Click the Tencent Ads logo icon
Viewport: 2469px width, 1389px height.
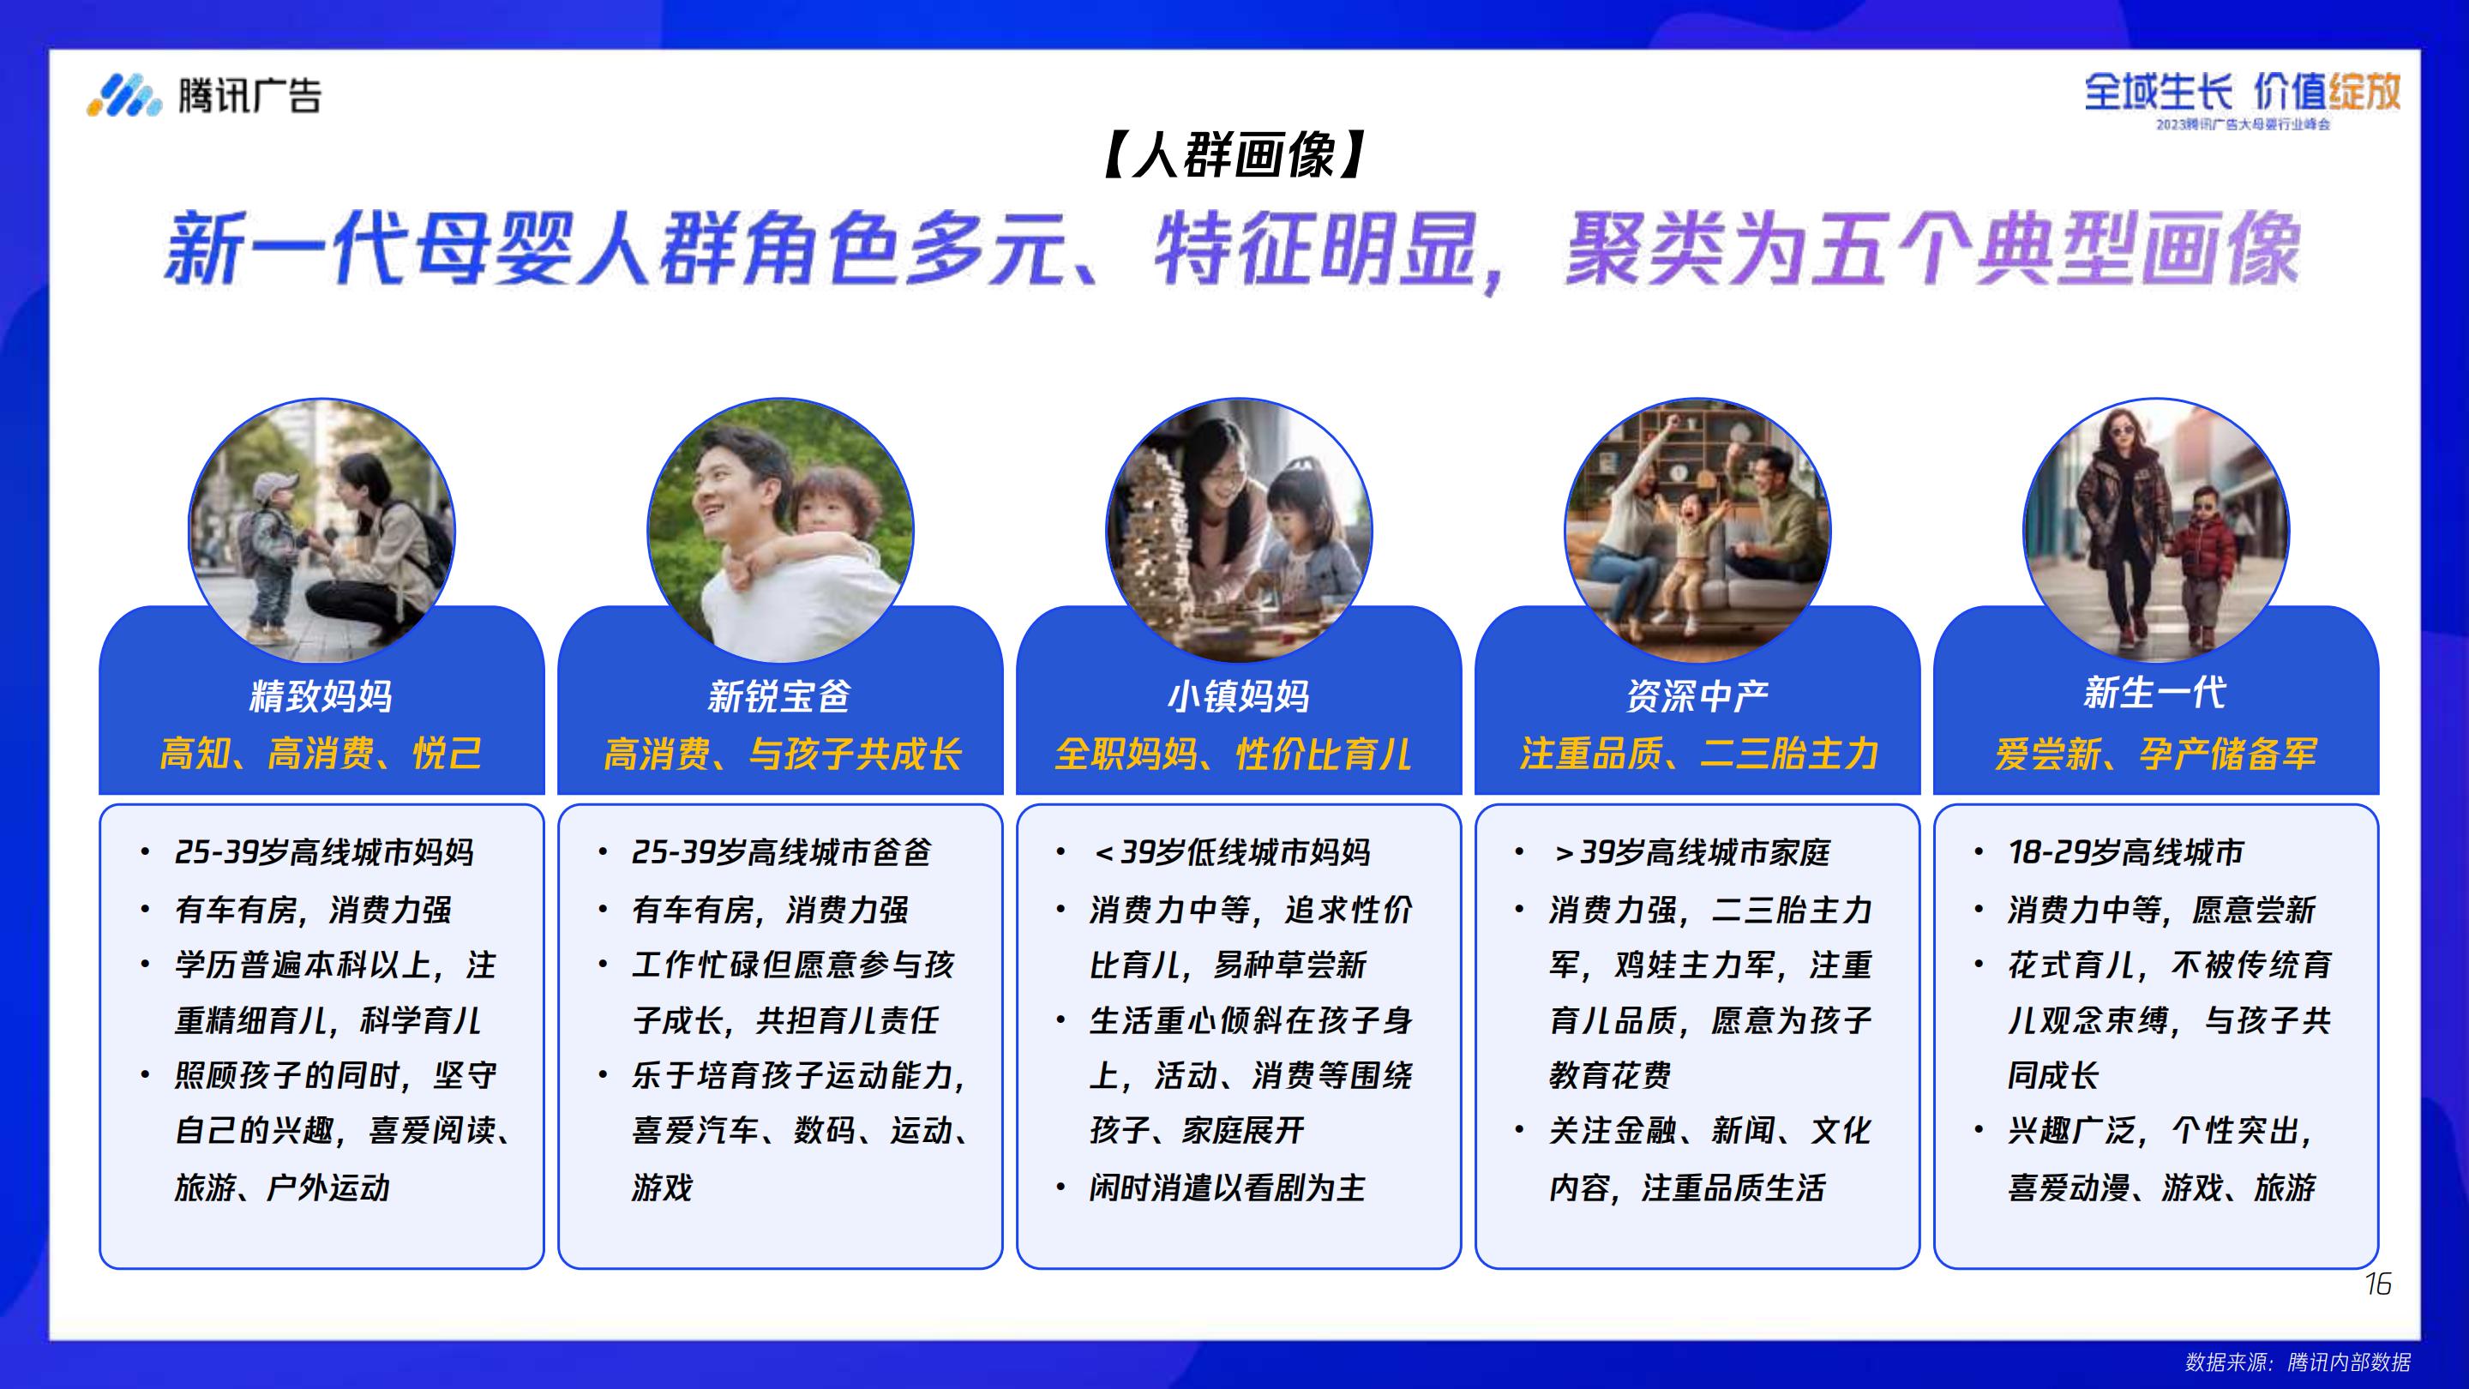point(124,95)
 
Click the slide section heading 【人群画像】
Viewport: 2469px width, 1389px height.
point(1234,155)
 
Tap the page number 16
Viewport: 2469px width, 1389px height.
point(2377,1284)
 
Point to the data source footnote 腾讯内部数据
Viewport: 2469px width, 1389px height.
point(2348,1362)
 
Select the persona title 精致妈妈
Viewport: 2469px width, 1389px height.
point(321,695)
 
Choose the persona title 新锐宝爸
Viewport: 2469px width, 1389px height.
point(779,695)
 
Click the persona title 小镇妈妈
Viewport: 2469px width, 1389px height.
point(1238,695)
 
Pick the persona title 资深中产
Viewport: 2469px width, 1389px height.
point(1697,695)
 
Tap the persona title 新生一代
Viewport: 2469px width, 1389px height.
point(2155,692)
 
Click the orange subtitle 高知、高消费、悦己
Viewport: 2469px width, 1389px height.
point(321,754)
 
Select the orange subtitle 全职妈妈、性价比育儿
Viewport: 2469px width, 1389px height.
point(1234,754)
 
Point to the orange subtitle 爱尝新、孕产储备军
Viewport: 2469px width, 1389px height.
point(2155,754)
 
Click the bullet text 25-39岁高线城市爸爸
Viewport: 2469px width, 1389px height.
point(781,851)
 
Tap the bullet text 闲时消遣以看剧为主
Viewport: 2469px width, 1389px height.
point(1227,1188)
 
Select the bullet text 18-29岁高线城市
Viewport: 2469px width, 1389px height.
point(2125,851)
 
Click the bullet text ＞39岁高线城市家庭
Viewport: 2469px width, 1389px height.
point(1691,851)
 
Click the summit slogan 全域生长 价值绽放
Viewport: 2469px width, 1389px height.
point(2243,92)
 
